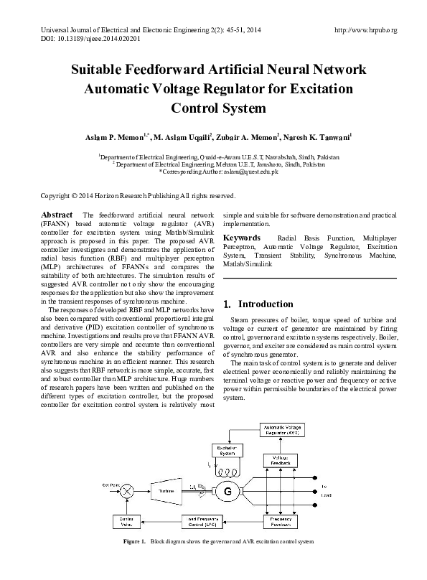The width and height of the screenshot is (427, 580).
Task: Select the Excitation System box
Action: (x=225, y=451)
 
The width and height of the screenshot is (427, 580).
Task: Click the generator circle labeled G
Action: (x=230, y=491)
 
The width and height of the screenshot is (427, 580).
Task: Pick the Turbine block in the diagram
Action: (x=167, y=490)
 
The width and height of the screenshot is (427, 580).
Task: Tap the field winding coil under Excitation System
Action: (x=225, y=471)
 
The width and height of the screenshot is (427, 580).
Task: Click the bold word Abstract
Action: (x=57, y=215)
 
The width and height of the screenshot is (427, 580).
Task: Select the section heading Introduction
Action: (x=262, y=304)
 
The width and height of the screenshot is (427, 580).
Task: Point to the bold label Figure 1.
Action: (x=134, y=541)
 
